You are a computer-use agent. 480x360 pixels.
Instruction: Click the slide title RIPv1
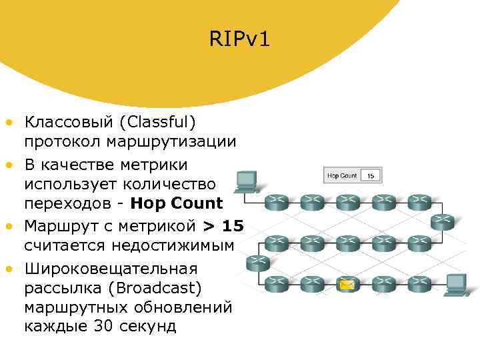click(x=239, y=41)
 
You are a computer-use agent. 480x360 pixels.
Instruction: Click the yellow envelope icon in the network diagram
click(x=346, y=285)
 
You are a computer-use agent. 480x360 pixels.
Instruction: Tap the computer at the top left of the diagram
click(x=247, y=180)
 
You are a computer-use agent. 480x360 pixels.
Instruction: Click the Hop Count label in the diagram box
click(x=342, y=176)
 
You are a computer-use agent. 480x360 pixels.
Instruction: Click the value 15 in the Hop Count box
click(x=371, y=176)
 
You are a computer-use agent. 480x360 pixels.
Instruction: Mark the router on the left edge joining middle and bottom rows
click(x=257, y=263)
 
